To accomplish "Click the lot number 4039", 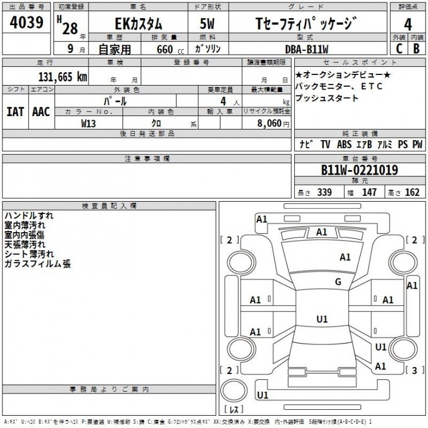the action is (26, 22).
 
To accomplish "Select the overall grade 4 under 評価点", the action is (408, 25).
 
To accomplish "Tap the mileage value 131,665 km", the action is (63, 77).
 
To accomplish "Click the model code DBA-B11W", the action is (307, 49).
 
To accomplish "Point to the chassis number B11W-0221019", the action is (359, 170).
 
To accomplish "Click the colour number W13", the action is (89, 123).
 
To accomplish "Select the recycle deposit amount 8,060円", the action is (273, 123).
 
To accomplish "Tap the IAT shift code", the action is (15, 111).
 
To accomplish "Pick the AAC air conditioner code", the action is (41, 111).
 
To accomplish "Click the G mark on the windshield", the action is (338, 281).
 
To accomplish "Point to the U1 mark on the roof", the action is (322, 319).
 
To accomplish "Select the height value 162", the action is (412, 192).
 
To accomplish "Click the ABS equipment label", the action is (344, 144).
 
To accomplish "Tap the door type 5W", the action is (207, 24).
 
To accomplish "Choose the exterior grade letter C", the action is (399, 49).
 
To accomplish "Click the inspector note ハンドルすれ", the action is (29, 216).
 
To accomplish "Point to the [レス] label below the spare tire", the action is (234, 409).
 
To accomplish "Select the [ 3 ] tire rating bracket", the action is (415, 371).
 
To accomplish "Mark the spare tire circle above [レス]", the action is (234, 390).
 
